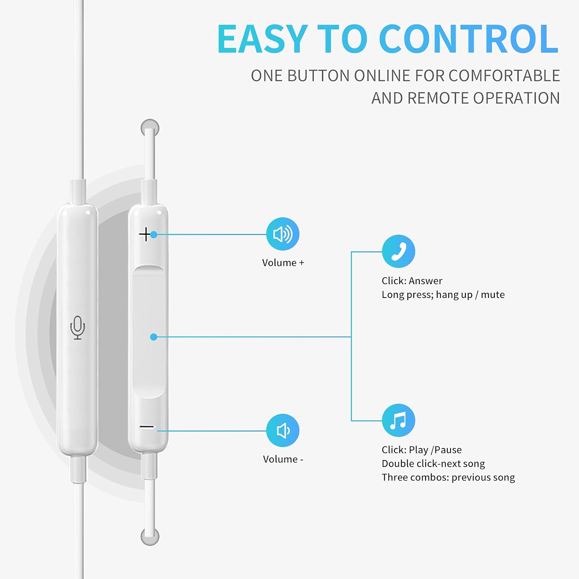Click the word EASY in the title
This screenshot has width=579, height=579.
(x=262, y=39)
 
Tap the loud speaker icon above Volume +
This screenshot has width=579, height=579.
(x=283, y=234)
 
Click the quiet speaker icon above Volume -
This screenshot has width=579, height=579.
(x=283, y=430)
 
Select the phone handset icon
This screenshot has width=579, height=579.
(x=398, y=251)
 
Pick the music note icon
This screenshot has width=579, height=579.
(x=398, y=420)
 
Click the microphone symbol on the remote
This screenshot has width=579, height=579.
(x=78, y=328)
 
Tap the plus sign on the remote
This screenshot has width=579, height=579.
(x=145, y=234)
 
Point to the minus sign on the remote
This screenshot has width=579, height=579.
(x=147, y=427)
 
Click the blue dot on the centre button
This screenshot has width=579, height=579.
(x=154, y=337)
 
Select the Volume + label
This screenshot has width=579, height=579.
(x=283, y=262)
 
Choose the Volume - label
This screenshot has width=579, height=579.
(x=283, y=459)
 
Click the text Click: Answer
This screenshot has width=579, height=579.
(x=412, y=281)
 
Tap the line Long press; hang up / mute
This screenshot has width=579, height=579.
(x=443, y=295)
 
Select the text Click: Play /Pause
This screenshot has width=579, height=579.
(x=422, y=450)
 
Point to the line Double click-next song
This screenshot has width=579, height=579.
(x=433, y=464)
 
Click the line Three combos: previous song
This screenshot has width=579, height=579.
(x=448, y=477)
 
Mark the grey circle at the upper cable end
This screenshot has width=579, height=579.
(x=150, y=128)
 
